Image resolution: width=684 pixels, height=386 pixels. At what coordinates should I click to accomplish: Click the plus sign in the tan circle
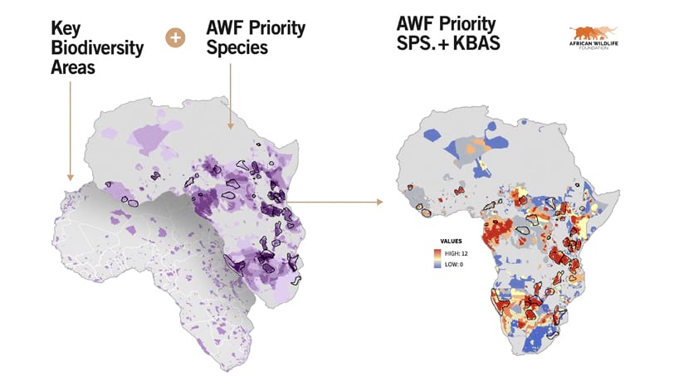pyautogui.click(x=175, y=37)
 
